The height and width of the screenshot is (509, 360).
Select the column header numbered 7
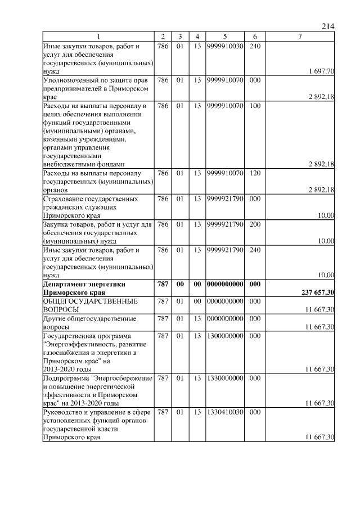(300, 37)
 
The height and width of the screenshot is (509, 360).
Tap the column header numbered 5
(224, 37)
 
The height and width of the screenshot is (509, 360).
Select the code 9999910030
(224, 46)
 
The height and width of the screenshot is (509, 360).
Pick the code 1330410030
(224, 412)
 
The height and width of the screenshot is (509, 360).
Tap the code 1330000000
(224, 379)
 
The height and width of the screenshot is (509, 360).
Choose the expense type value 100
(254, 105)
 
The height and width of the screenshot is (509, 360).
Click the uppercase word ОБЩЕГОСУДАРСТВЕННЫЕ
(91, 301)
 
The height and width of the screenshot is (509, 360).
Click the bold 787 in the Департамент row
(163, 285)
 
